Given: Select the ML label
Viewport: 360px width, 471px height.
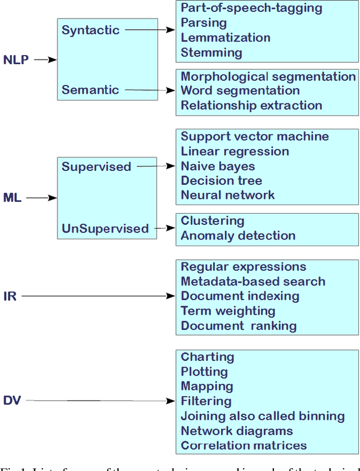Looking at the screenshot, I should pyautogui.click(x=12, y=198).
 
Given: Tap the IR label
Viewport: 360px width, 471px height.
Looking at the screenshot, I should pyautogui.click(x=10, y=296).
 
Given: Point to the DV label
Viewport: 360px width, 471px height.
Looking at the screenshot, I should pyautogui.click(x=12, y=401).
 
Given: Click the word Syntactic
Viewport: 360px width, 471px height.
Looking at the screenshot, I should pyautogui.click(x=91, y=30).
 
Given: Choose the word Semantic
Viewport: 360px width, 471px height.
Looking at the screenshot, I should pyautogui.click(x=90, y=89).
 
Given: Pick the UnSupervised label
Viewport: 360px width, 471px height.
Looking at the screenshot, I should pyautogui.click(x=105, y=228).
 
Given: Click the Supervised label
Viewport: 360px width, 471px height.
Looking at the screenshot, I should pyautogui.click(x=96, y=166).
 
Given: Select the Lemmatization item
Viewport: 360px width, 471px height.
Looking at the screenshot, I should pyautogui.click(x=226, y=38).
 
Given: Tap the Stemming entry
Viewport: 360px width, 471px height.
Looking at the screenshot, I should pyautogui.click(x=211, y=53).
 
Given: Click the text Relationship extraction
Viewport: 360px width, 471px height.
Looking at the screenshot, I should pyautogui.click(x=251, y=105).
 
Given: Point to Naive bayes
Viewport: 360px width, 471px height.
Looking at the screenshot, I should pyautogui.click(x=218, y=166).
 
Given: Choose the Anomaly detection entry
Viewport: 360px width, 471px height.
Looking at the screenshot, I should pyautogui.click(x=238, y=235).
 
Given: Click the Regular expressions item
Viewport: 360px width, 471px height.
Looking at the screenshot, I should pyautogui.click(x=244, y=267).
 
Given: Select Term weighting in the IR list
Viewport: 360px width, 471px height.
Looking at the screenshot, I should pyautogui.click(x=228, y=311).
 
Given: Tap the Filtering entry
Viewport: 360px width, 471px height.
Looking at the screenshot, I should pyautogui.click(x=206, y=401).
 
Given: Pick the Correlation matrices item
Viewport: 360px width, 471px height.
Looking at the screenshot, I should pyautogui.click(x=244, y=445).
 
